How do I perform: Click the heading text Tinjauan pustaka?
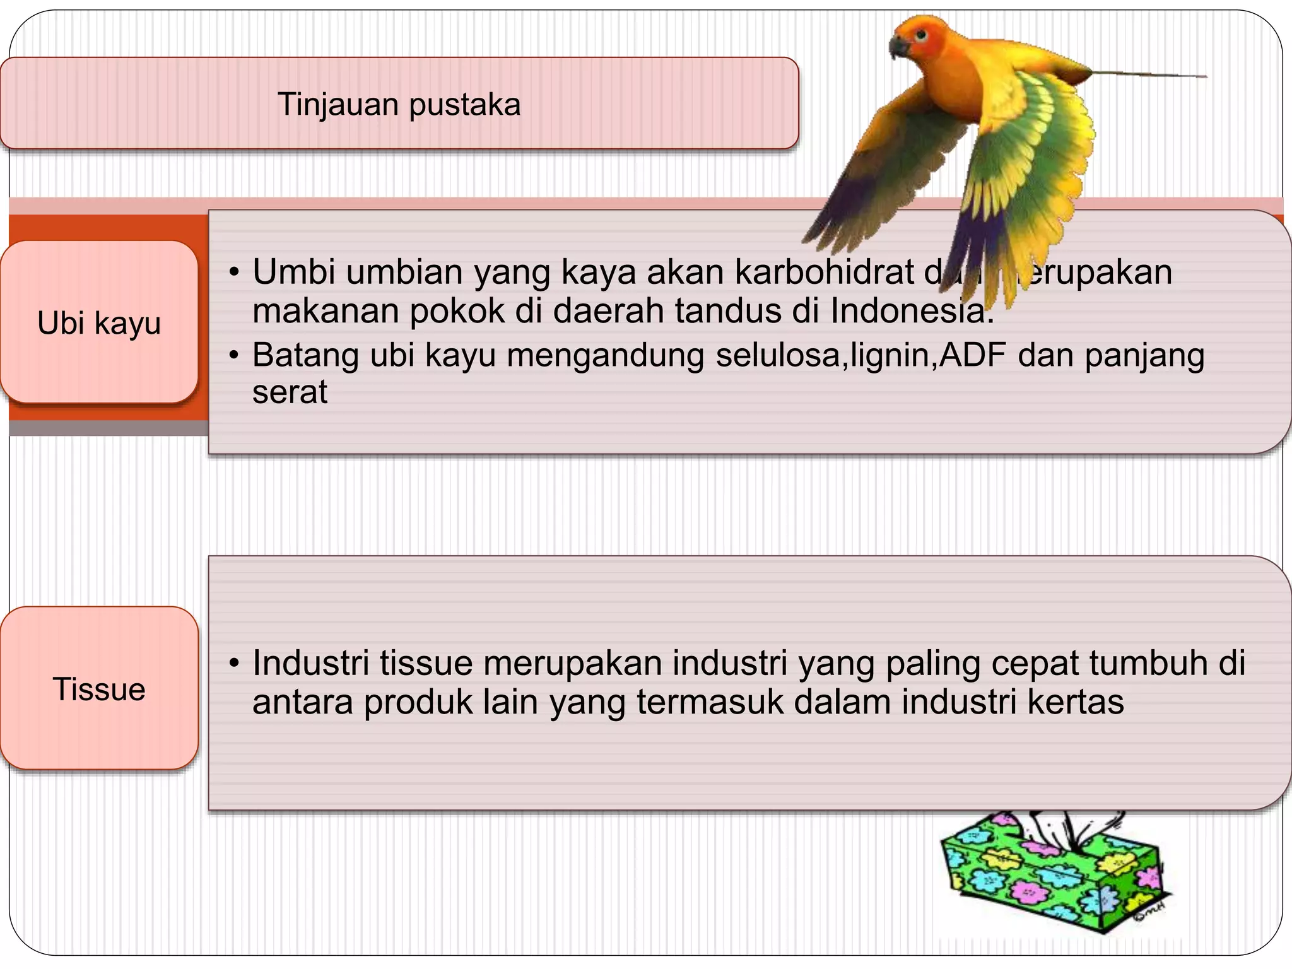399,105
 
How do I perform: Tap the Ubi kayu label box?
99,322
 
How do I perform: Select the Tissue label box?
99,688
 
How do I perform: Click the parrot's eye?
922,35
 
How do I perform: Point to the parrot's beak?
896,47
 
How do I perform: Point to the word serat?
290,392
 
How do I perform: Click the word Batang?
305,355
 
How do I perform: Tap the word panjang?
1144,355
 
